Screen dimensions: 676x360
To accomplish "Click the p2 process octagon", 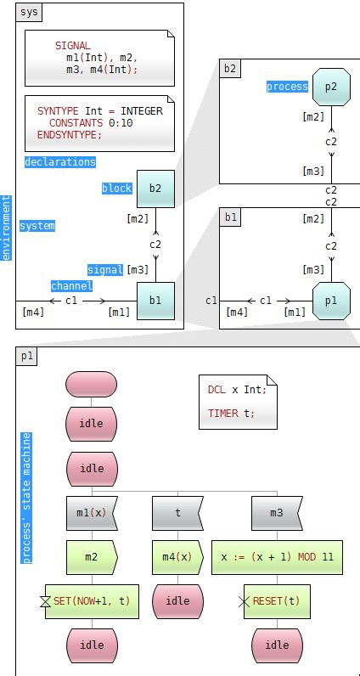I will pyautogui.click(x=331, y=87).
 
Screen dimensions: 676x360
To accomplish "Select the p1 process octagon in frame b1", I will pyautogui.click(x=331, y=301).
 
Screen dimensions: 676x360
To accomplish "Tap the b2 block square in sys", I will pyautogui.click(x=155, y=188).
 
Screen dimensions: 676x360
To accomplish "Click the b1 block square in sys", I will pyautogui.click(x=155, y=300).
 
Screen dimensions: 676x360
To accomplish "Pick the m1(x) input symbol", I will pyautogui.click(x=92, y=513).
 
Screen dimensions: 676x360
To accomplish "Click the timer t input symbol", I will pyautogui.click(x=177, y=513).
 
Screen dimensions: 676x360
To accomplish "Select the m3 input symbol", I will pyautogui.click(x=277, y=513).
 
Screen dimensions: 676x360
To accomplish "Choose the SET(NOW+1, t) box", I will pyautogui.click(x=92, y=600).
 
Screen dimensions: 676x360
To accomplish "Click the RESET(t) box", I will pyautogui.click(x=277, y=600).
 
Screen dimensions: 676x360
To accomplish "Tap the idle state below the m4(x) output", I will pyautogui.click(x=177, y=600).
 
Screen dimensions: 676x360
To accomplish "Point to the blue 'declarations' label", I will pyautogui.click(x=59, y=161).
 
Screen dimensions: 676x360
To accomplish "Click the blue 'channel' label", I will pyautogui.click(x=71, y=286).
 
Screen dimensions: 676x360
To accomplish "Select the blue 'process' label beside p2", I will pyautogui.click(x=287, y=87).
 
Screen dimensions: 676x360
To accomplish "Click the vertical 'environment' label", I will pyautogui.click(x=6, y=228).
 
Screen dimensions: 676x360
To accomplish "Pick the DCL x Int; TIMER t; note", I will pyautogui.click(x=237, y=402).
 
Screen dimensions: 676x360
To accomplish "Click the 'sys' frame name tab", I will pyautogui.click(x=29, y=14).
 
